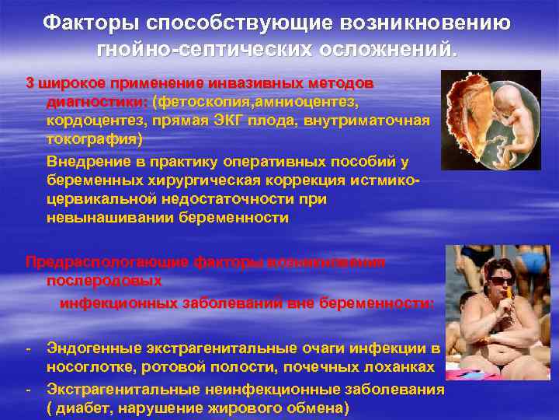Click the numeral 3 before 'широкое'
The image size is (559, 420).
pos(30,82)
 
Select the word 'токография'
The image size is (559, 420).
pos(93,141)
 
